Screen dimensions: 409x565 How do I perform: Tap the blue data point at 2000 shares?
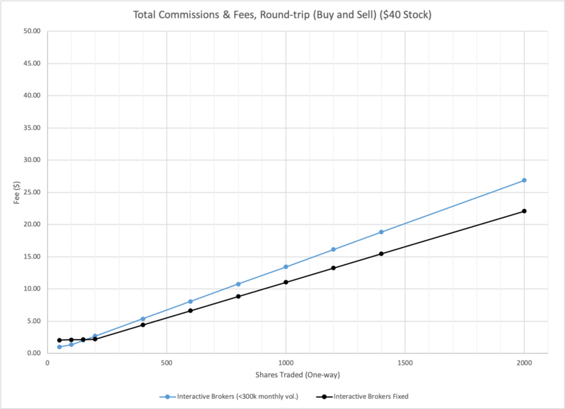(524, 180)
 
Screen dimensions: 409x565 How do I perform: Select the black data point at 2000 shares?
(524, 211)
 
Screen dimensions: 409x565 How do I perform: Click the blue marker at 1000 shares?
(286, 267)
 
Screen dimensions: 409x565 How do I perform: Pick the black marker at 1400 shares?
(381, 253)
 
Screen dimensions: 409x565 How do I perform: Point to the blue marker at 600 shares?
(190, 301)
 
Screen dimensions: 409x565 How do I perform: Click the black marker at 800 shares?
(238, 296)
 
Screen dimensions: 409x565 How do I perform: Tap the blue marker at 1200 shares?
(333, 249)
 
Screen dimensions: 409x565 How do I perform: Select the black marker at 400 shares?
(143, 324)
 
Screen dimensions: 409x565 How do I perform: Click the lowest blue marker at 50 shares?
(59, 347)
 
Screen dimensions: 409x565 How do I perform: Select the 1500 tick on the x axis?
(405, 362)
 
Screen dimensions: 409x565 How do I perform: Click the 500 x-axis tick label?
(166, 362)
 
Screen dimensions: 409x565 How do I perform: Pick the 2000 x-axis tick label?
(524, 362)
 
